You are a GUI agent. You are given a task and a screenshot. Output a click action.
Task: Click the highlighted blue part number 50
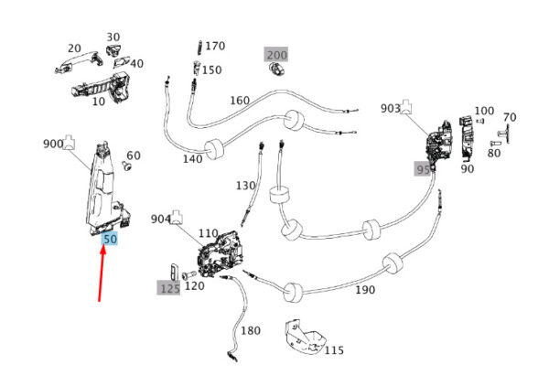(x=110, y=239)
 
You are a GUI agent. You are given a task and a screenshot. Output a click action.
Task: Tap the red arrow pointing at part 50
(x=102, y=274)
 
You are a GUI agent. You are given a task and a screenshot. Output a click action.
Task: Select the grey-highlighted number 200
(x=276, y=55)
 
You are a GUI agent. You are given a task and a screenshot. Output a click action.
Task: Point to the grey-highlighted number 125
(x=169, y=287)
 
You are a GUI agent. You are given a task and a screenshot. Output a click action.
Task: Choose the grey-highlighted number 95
(x=423, y=169)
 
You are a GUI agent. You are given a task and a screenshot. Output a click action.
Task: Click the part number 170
(x=214, y=46)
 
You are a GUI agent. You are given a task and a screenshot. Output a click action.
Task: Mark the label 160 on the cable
(x=239, y=101)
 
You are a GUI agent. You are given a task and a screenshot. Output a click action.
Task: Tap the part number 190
(x=364, y=290)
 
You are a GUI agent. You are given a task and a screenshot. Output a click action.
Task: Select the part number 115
(x=333, y=350)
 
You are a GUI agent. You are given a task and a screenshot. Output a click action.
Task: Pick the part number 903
(x=391, y=109)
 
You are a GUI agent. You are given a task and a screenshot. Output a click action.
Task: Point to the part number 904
(x=161, y=220)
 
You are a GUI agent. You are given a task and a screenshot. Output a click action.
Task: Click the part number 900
(x=53, y=145)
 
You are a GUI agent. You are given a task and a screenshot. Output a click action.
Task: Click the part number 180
(x=250, y=330)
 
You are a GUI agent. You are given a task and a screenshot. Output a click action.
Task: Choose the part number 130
(x=245, y=186)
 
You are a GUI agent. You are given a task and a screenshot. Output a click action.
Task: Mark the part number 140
(x=192, y=158)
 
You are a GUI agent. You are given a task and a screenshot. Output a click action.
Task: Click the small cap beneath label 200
(x=275, y=70)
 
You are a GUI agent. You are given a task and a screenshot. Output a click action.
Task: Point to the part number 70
(x=510, y=118)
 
